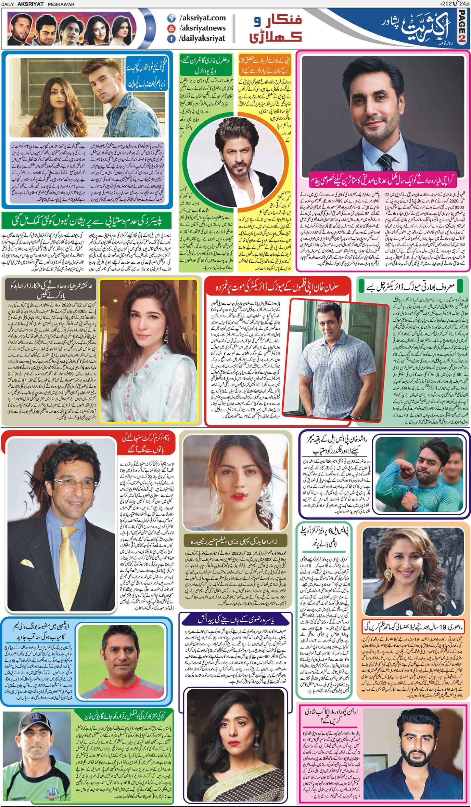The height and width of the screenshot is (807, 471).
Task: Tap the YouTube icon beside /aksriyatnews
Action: (x=170, y=29)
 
